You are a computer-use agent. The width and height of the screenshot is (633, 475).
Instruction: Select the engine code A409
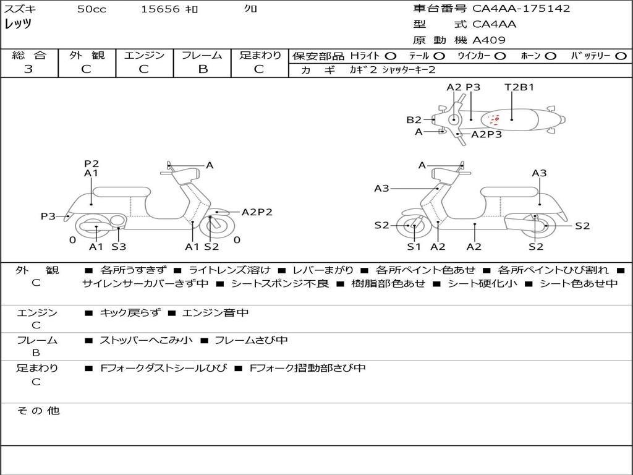[489, 40]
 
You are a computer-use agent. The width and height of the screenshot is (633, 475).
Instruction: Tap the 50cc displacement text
[91, 9]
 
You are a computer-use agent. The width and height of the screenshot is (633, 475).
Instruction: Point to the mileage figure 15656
[160, 9]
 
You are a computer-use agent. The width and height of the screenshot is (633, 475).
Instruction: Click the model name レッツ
[18, 25]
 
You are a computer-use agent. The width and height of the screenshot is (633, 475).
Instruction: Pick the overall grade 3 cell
[28, 69]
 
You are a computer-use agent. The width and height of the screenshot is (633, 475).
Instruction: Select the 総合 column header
[29, 56]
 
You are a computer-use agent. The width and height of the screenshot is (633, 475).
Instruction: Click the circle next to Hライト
[391, 56]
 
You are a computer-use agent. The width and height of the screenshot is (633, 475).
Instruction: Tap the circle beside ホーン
[550, 56]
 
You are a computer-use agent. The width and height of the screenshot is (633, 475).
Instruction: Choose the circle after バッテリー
[621, 56]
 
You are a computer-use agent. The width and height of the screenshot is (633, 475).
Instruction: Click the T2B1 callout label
[519, 87]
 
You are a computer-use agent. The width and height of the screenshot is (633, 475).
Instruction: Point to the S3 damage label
[119, 247]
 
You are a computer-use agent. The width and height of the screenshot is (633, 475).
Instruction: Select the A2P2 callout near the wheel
[257, 212]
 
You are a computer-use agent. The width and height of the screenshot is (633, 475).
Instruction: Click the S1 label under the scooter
[414, 247]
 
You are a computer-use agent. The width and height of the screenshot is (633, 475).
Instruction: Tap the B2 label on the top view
[414, 120]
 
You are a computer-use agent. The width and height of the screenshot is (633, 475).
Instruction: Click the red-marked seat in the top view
[495, 119]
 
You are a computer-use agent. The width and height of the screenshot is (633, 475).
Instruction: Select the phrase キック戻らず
[129, 313]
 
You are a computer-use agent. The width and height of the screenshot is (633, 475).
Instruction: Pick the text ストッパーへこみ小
[146, 340]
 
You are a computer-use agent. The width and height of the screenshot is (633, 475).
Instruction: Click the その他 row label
[38, 411]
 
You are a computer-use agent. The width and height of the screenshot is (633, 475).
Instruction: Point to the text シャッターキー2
[409, 70]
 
